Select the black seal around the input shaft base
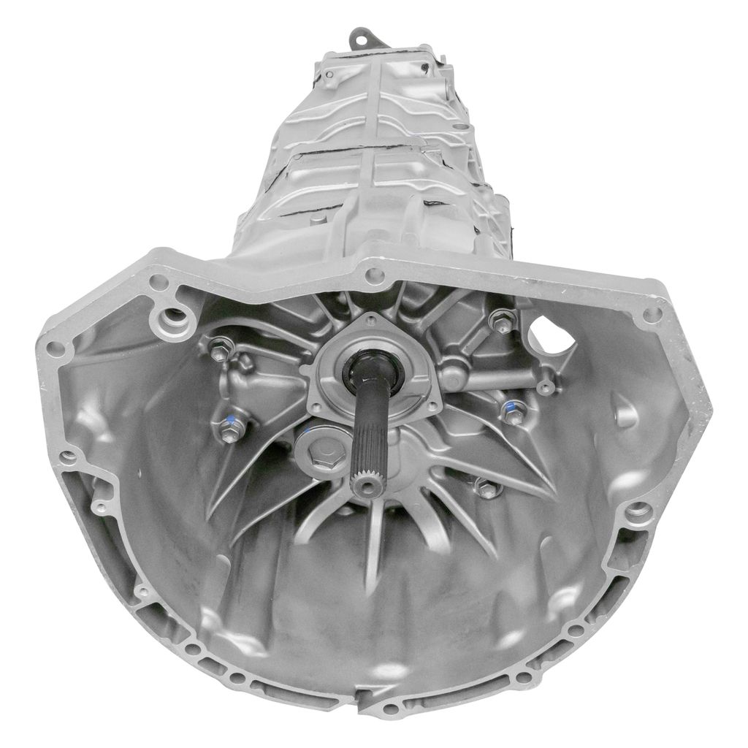(x=370, y=365)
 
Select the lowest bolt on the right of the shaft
(x=487, y=488)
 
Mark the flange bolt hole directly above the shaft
(x=375, y=275)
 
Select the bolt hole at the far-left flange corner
(x=54, y=348)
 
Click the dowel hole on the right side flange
(x=639, y=511)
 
